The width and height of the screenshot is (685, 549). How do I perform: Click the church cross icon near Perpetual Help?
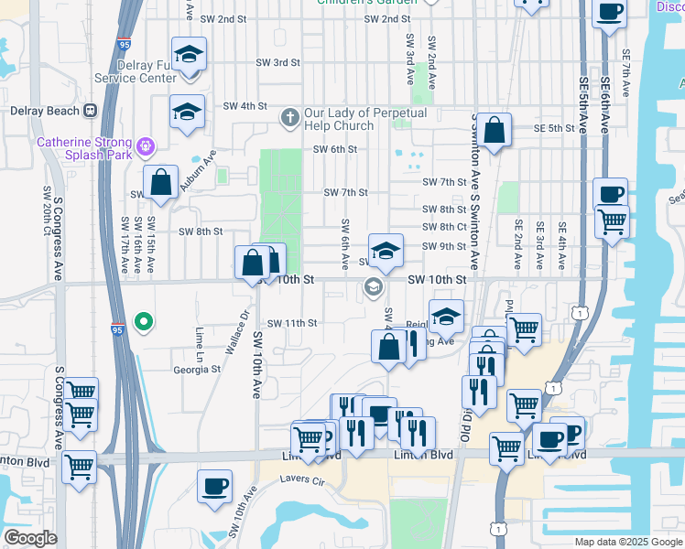coord(290,117)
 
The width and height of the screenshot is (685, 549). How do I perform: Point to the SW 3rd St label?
coord(279,62)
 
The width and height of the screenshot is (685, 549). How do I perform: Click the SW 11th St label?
coord(291,323)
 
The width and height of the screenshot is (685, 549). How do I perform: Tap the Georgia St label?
coord(198,370)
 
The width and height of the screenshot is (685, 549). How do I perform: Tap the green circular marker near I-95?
coord(143,321)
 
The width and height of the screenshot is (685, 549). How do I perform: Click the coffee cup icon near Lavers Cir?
coord(214,486)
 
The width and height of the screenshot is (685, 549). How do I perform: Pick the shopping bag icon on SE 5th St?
coord(494,130)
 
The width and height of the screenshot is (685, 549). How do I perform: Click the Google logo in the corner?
coord(30,538)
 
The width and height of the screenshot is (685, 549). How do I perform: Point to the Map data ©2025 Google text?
coord(627,542)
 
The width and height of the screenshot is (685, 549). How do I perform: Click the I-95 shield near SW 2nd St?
coord(124,42)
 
